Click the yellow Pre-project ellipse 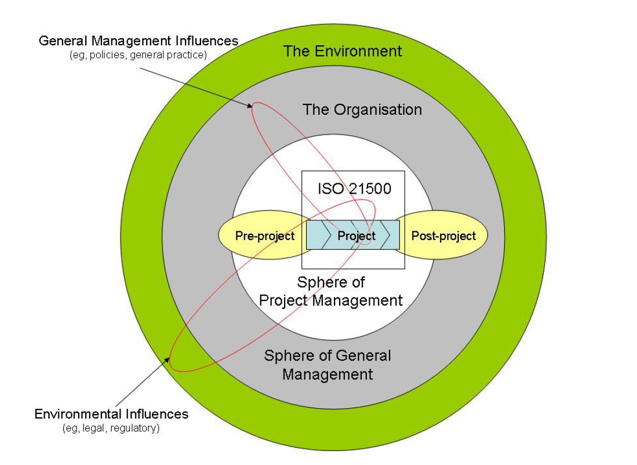264,236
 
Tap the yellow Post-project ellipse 443,236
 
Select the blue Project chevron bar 352,235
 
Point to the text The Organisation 362,110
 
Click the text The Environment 342,51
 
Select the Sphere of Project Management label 330,292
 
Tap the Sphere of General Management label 327,365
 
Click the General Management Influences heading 139,41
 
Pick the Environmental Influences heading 111,414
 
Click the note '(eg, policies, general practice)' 139,55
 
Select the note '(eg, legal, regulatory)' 111,428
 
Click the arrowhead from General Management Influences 250,106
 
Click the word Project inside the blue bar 356,236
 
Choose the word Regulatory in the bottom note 139,428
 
